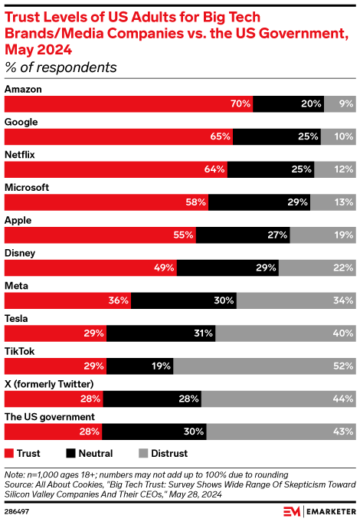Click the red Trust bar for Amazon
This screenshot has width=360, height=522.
tap(129, 103)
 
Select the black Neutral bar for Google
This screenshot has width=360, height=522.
tap(277, 136)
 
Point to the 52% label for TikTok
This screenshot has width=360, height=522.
tap(343, 366)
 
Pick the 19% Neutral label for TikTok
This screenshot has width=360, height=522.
tap(160, 366)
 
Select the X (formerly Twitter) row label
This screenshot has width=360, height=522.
tap(49, 383)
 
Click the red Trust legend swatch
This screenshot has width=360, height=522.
tap(10, 453)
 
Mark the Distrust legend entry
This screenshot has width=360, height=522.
tap(160, 453)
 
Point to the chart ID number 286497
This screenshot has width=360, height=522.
tap(18, 509)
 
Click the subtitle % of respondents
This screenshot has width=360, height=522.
tap(61, 67)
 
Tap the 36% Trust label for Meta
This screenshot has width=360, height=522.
tap(119, 300)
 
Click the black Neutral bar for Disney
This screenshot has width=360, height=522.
tap(228, 268)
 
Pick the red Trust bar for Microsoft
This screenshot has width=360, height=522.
tap(106, 202)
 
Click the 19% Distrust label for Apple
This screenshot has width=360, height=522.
tap(343, 235)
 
